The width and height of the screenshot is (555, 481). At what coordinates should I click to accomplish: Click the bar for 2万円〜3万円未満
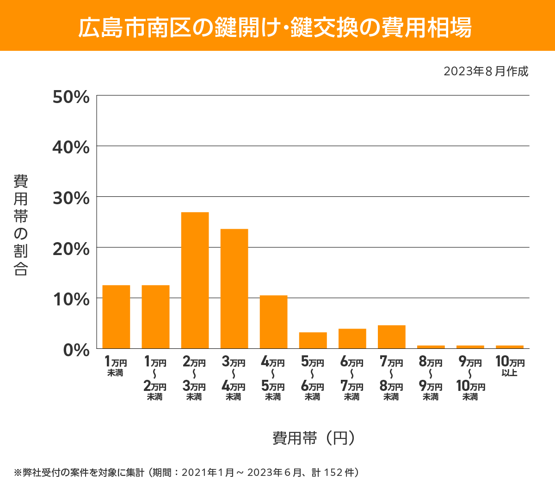[195, 280]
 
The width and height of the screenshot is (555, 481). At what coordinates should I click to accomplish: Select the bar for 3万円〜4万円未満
[234, 288]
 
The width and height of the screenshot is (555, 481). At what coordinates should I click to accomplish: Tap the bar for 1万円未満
[116, 317]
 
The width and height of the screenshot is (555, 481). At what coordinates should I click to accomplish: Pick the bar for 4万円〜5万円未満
[273, 322]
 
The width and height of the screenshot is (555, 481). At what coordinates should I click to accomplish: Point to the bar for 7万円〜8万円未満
[391, 337]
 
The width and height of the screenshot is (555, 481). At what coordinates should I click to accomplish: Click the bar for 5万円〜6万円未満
[313, 340]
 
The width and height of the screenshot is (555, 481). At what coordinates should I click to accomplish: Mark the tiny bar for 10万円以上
[509, 347]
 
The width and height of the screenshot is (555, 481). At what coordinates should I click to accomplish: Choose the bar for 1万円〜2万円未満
[155, 317]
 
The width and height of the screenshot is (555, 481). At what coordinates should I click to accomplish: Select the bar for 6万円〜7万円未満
[352, 338]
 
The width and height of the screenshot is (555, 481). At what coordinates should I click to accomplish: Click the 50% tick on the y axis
[71, 97]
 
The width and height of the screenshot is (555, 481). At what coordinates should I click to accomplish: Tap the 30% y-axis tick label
[71, 198]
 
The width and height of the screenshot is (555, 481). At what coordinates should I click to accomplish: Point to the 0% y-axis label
[76, 350]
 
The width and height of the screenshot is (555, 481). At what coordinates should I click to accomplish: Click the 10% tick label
[71, 299]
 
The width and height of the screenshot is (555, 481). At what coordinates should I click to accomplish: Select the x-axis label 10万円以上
[510, 366]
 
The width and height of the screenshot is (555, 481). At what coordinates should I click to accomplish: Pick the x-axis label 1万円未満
[116, 366]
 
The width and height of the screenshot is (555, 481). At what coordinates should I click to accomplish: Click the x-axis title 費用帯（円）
[314, 438]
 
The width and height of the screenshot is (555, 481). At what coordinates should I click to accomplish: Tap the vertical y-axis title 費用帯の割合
[21, 225]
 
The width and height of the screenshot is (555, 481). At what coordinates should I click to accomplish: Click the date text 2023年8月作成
[486, 72]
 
